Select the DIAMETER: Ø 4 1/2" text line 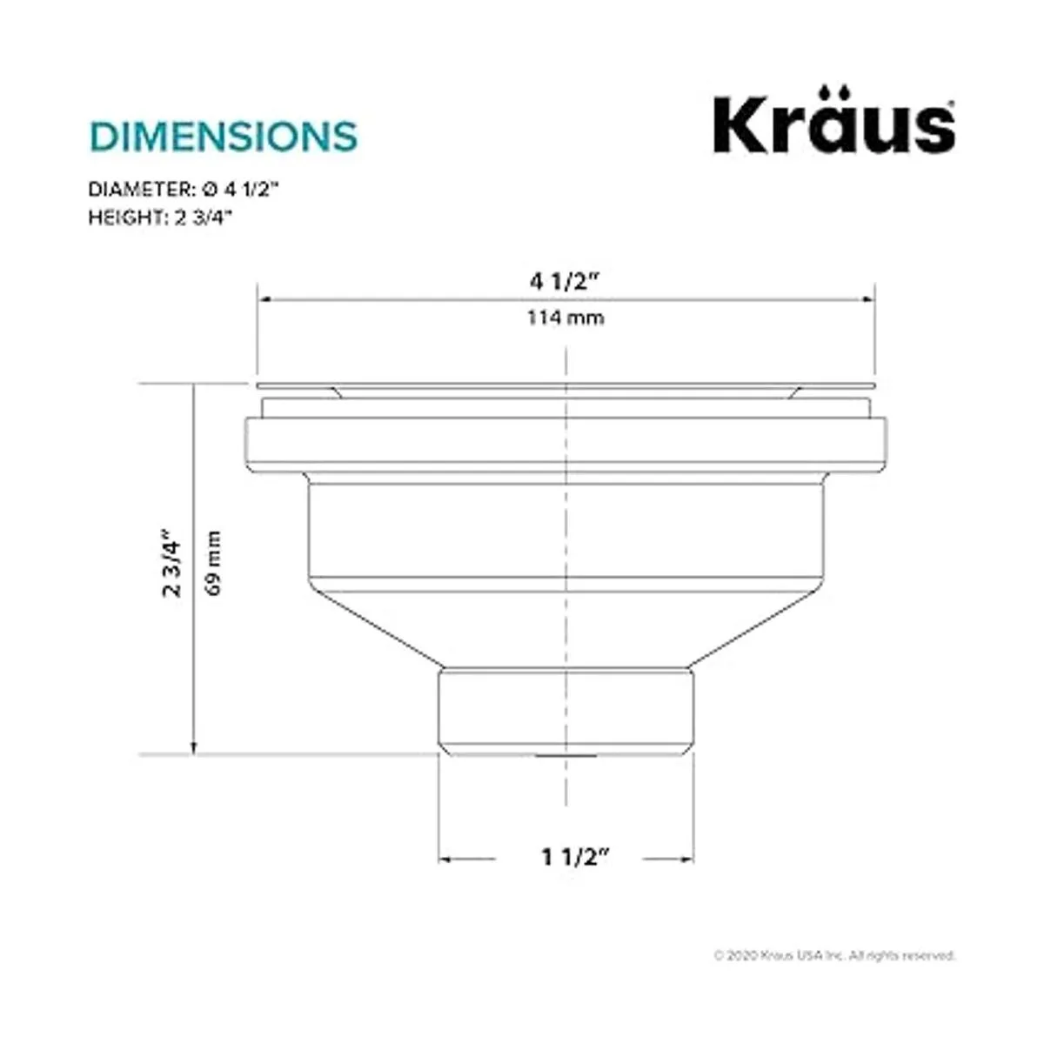[x=183, y=190]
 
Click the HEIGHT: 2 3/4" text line [x=160, y=217]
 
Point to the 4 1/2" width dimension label [x=565, y=282]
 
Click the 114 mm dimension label [x=565, y=317]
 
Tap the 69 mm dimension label [x=213, y=563]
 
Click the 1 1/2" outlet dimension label [x=576, y=857]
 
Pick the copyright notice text [x=834, y=955]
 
